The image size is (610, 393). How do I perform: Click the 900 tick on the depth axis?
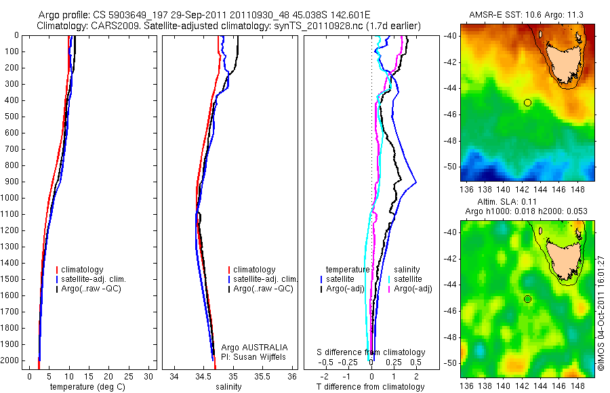(x=9, y=182)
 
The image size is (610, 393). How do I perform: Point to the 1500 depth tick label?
(x=9, y=279)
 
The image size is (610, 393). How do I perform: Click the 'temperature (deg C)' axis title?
(x=86, y=387)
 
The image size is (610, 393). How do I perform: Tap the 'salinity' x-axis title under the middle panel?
(x=227, y=387)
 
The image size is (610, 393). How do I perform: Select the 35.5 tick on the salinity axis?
(x=263, y=376)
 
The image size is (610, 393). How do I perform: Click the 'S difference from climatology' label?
(x=371, y=352)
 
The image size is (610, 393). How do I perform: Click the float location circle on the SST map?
(x=527, y=102)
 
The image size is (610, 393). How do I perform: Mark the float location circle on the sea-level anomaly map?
(x=527, y=299)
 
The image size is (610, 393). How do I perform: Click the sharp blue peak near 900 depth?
(x=415, y=182)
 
